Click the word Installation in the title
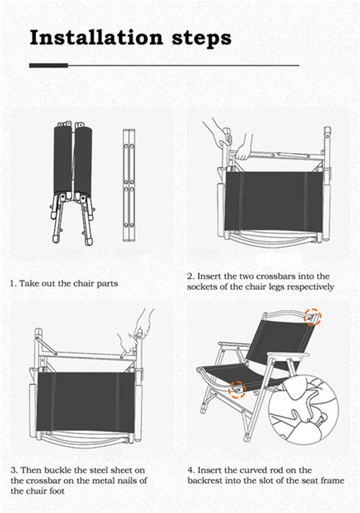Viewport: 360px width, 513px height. tap(96, 37)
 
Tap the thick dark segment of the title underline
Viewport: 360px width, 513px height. tap(48, 65)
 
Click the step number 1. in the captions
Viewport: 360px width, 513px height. tap(13, 283)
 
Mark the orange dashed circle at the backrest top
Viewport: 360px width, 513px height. tap(312, 316)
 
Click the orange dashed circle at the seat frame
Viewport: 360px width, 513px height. tap(237, 389)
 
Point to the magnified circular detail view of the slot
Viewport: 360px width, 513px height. tap(304, 409)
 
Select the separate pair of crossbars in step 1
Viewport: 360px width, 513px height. tap(129, 185)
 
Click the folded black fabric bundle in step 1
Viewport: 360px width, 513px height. tap(72, 160)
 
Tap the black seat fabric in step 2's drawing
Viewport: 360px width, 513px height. tap(274, 201)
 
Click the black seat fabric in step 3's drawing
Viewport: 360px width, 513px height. tap(86, 401)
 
